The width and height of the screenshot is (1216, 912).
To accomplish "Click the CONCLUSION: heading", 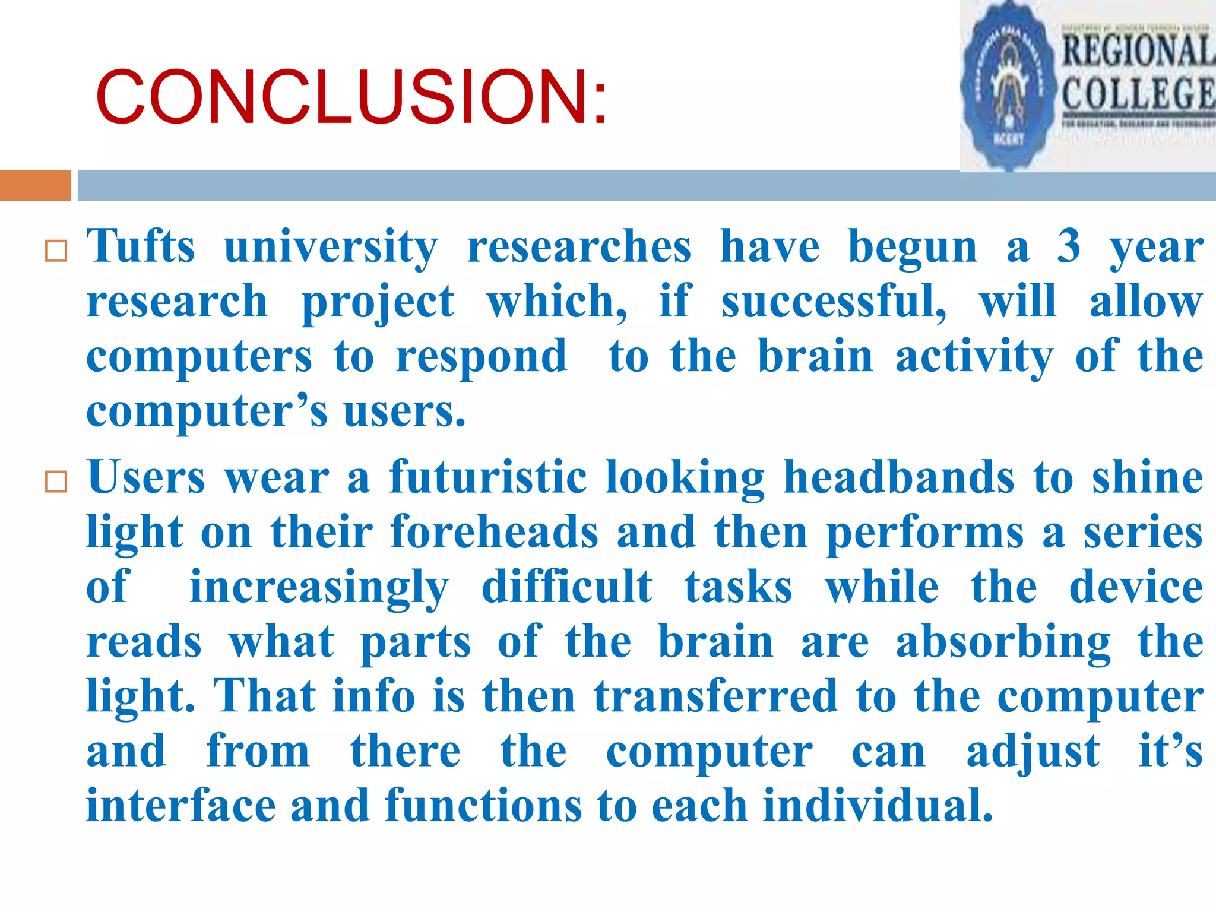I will pos(351,97).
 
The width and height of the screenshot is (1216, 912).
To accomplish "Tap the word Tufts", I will pos(141,246).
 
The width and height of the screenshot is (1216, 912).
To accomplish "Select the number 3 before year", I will pos(1069,246).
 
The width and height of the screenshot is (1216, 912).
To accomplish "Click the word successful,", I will pos(834,301).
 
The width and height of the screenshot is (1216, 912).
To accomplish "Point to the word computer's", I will pos(206,411).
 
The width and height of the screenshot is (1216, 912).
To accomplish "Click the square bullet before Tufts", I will pos(56,252).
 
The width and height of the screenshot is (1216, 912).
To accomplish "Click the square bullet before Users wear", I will pos(56,482).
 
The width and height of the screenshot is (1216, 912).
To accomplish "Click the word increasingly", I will pos(319,587).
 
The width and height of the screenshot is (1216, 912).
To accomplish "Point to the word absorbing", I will pos(1003,642).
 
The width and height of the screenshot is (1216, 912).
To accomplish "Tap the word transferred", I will pos(715,696).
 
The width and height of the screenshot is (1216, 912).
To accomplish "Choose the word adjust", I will pos(1033,751).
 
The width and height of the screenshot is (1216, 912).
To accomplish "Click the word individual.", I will pos(878,806).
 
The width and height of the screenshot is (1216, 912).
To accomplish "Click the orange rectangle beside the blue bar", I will pos(36,185).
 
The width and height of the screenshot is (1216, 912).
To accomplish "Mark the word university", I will pos(331,246).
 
